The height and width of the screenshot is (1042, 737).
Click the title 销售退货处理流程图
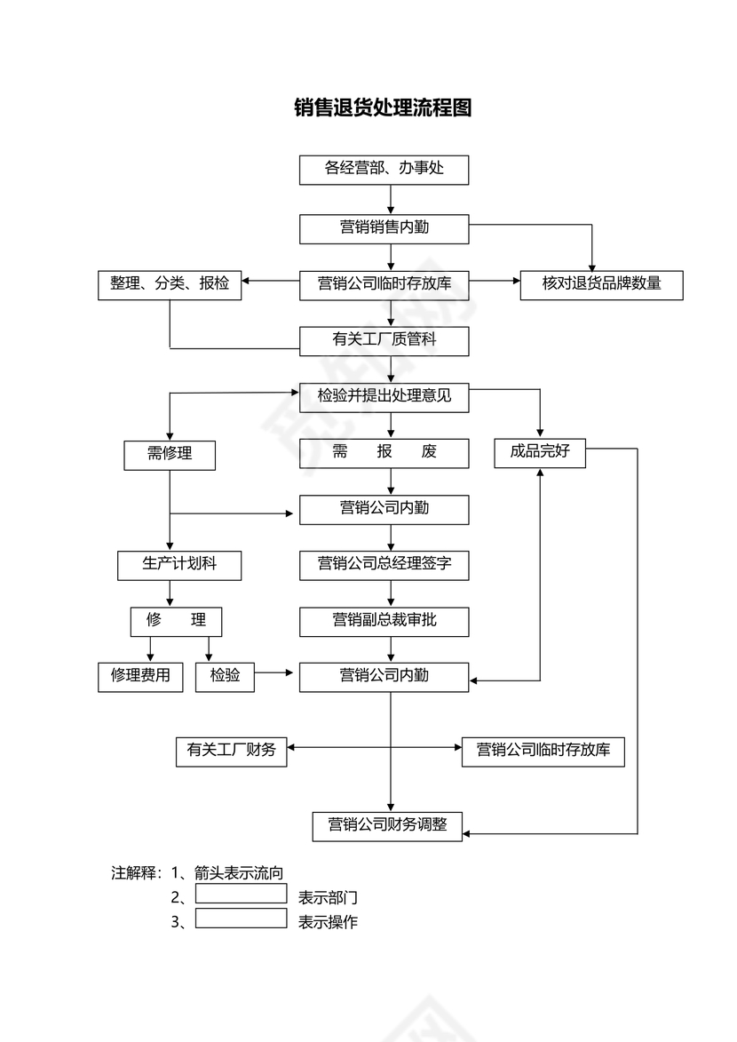click(x=383, y=108)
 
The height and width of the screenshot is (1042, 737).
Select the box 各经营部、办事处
click(x=384, y=170)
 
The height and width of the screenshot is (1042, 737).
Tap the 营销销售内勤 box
click(x=384, y=228)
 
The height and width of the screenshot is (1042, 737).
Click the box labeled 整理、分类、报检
click(x=170, y=285)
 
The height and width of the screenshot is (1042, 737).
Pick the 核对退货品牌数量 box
click(x=601, y=285)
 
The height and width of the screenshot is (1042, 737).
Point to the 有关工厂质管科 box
click(x=384, y=341)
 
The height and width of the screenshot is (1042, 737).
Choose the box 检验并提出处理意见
click(x=384, y=397)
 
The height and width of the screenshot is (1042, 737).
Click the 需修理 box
click(x=170, y=454)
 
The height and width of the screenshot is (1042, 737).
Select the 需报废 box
click(x=384, y=453)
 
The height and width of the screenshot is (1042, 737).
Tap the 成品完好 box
click(x=540, y=452)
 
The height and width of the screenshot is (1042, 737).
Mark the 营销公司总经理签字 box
click(x=384, y=565)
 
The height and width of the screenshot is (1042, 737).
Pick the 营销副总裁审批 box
click(x=384, y=621)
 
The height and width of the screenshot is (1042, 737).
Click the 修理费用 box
click(x=140, y=677)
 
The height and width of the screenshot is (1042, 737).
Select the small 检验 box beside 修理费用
click(x=225, y=677)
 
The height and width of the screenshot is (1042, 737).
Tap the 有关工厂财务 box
click(x=232, y=752)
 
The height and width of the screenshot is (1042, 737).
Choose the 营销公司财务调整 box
click(x=387, y=825)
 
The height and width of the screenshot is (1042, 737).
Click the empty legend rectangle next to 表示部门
click(x=241, y=894)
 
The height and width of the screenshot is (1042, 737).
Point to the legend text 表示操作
click(x=328, y=922)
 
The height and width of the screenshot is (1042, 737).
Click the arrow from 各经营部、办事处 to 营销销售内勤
click(x=391, y=200)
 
